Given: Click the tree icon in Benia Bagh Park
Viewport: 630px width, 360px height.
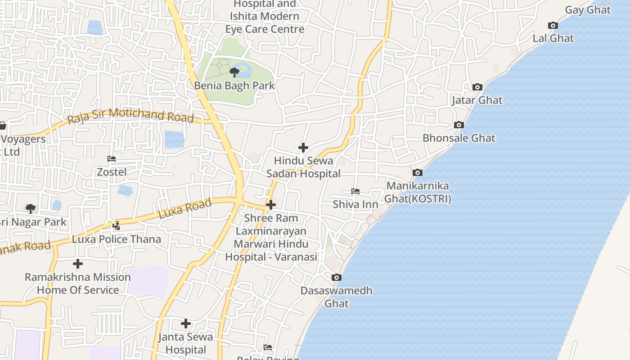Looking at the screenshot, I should pos(234,72).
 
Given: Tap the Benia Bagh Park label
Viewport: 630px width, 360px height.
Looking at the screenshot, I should pos(234,85).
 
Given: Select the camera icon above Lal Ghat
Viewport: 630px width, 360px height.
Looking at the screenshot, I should pos(553,26).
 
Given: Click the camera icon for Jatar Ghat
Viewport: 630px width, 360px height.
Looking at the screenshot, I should pos(477,87).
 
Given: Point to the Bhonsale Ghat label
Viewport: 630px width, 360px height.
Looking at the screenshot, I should pos(459,138).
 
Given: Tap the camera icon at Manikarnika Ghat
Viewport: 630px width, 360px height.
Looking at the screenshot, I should pos(418,172).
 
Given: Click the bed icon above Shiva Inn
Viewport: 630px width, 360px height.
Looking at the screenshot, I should pos(355,191).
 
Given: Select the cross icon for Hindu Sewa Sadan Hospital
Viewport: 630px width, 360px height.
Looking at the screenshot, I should pos(303,148).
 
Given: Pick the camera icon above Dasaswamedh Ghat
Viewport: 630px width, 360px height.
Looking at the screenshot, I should pos(337,277).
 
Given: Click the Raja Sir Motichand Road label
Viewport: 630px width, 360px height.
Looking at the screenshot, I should pos(130,116).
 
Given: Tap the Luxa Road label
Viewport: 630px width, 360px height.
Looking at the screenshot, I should pos(185,209).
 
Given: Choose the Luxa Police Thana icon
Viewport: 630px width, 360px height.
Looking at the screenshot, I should pos(117,225).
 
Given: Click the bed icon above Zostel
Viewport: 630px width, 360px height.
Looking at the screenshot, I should pos(112,159).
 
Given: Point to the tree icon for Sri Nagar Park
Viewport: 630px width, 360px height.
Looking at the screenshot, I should pos(31,208).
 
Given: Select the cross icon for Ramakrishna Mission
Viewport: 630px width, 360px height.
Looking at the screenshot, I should pos(78,264).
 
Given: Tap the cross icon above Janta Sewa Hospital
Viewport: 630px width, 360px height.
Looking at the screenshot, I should pos(186,324).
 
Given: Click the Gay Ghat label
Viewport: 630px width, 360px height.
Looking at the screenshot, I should pos(588,10).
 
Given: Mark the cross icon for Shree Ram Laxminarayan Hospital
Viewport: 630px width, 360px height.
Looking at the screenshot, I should pos(271,205).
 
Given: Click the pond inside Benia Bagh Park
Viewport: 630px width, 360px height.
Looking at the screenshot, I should pos(245,71).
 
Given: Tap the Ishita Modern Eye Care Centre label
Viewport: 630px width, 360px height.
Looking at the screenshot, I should pos(265,22).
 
